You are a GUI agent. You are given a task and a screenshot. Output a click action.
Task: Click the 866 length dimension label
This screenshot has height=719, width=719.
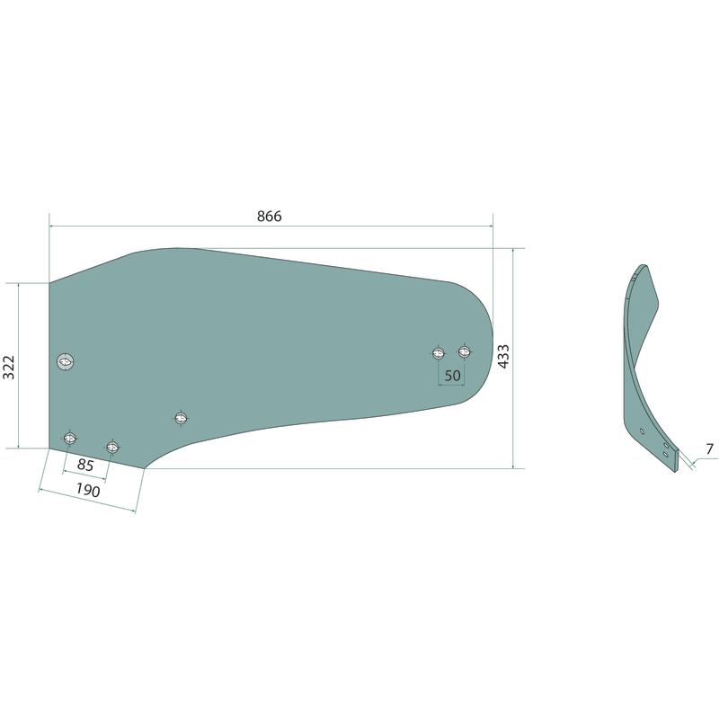[269, 216]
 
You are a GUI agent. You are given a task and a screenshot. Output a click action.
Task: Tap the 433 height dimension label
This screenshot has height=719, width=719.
[503, 356]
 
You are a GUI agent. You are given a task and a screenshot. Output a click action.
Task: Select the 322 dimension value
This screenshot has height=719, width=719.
[9, 367]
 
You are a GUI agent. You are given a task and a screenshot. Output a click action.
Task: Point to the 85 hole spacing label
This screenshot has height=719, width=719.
[85, 465]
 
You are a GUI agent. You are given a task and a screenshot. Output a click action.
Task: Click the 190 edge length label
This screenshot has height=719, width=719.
[87, 491]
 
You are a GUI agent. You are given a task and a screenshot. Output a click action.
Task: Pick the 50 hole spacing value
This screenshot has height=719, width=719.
[452, 376]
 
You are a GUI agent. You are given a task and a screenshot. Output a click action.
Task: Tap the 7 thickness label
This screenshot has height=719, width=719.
[710, 448]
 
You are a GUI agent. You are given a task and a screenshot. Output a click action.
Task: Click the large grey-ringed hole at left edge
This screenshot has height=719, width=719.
[66, 362]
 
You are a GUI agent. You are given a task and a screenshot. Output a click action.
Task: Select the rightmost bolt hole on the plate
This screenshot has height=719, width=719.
[465, 351]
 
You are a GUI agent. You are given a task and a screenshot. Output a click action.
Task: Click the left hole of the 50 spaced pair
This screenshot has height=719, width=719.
[439, 352]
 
